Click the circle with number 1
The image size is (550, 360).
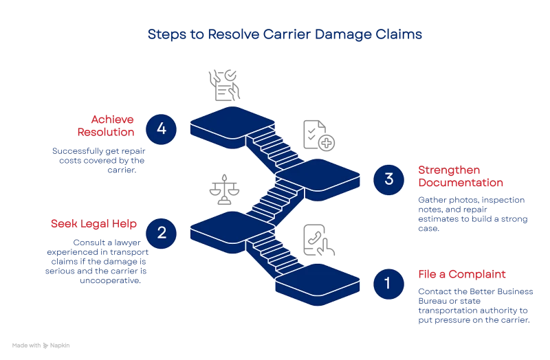pyautogui.click(x=387, y=283)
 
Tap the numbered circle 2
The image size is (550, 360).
pyautogui.click(x=162, y=232)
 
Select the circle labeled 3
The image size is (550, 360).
pyautogui.click(x=389, y=179)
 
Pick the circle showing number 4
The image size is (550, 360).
pyautogui.click(x=162, y=128)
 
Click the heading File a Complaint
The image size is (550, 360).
pyautogui.click(x=462, y=274)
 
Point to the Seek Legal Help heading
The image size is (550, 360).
pyautogui.click(x=93, y=224)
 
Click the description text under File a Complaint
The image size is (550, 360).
pyautogui.click(x=475, y=306)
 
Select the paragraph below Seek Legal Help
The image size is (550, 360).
pyautogui.click(x=107, y=261)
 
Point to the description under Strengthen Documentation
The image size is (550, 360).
pyautogui.click(x=463, y=214)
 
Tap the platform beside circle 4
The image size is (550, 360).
pyautogui.click(x=231, y=124)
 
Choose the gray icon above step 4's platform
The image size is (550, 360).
pyautogui.click(x=225, y=86)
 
